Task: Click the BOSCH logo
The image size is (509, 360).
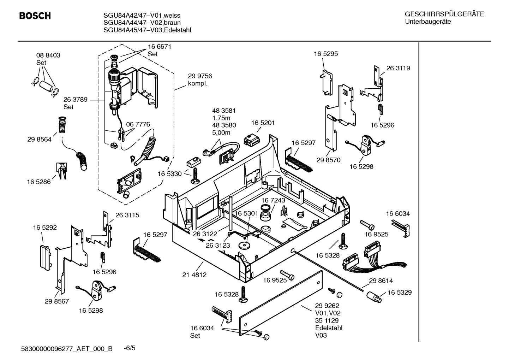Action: click(35, 16)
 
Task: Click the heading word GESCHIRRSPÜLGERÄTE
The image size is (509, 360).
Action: click(444, 14)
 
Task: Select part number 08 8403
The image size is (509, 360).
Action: click(48, 55)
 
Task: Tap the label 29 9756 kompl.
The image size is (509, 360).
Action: click(200, 80)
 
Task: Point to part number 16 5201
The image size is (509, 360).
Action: click(263, 123)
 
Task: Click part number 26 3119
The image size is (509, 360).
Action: click(398, 68)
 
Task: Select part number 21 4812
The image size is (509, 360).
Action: click(194, 275)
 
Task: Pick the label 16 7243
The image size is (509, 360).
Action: click(273, 200)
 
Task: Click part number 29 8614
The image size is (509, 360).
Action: click(381, 281)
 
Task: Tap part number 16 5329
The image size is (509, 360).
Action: click(400, 293)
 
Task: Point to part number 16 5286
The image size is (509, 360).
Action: click(38, 182)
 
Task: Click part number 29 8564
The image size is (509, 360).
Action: click(39, 140)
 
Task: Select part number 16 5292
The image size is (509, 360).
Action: click(45, 228)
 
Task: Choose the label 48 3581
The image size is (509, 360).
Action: click(224, 111)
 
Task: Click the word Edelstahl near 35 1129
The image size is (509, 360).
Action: click(329, 328)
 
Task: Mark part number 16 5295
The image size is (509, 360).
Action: click(326, 54)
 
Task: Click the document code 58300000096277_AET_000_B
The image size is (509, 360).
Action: click(67, 349)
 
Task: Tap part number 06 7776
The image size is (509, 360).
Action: click(138, 124)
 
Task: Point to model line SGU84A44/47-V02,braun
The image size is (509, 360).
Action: click(142, 23)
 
